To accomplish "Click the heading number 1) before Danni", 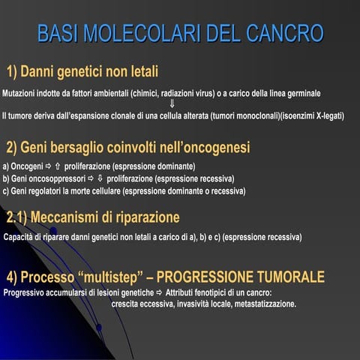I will [11, 72].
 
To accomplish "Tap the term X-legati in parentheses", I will [325, 115].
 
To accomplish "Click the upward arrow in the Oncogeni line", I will [58, 165].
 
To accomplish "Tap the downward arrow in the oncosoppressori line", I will [100, 178].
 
